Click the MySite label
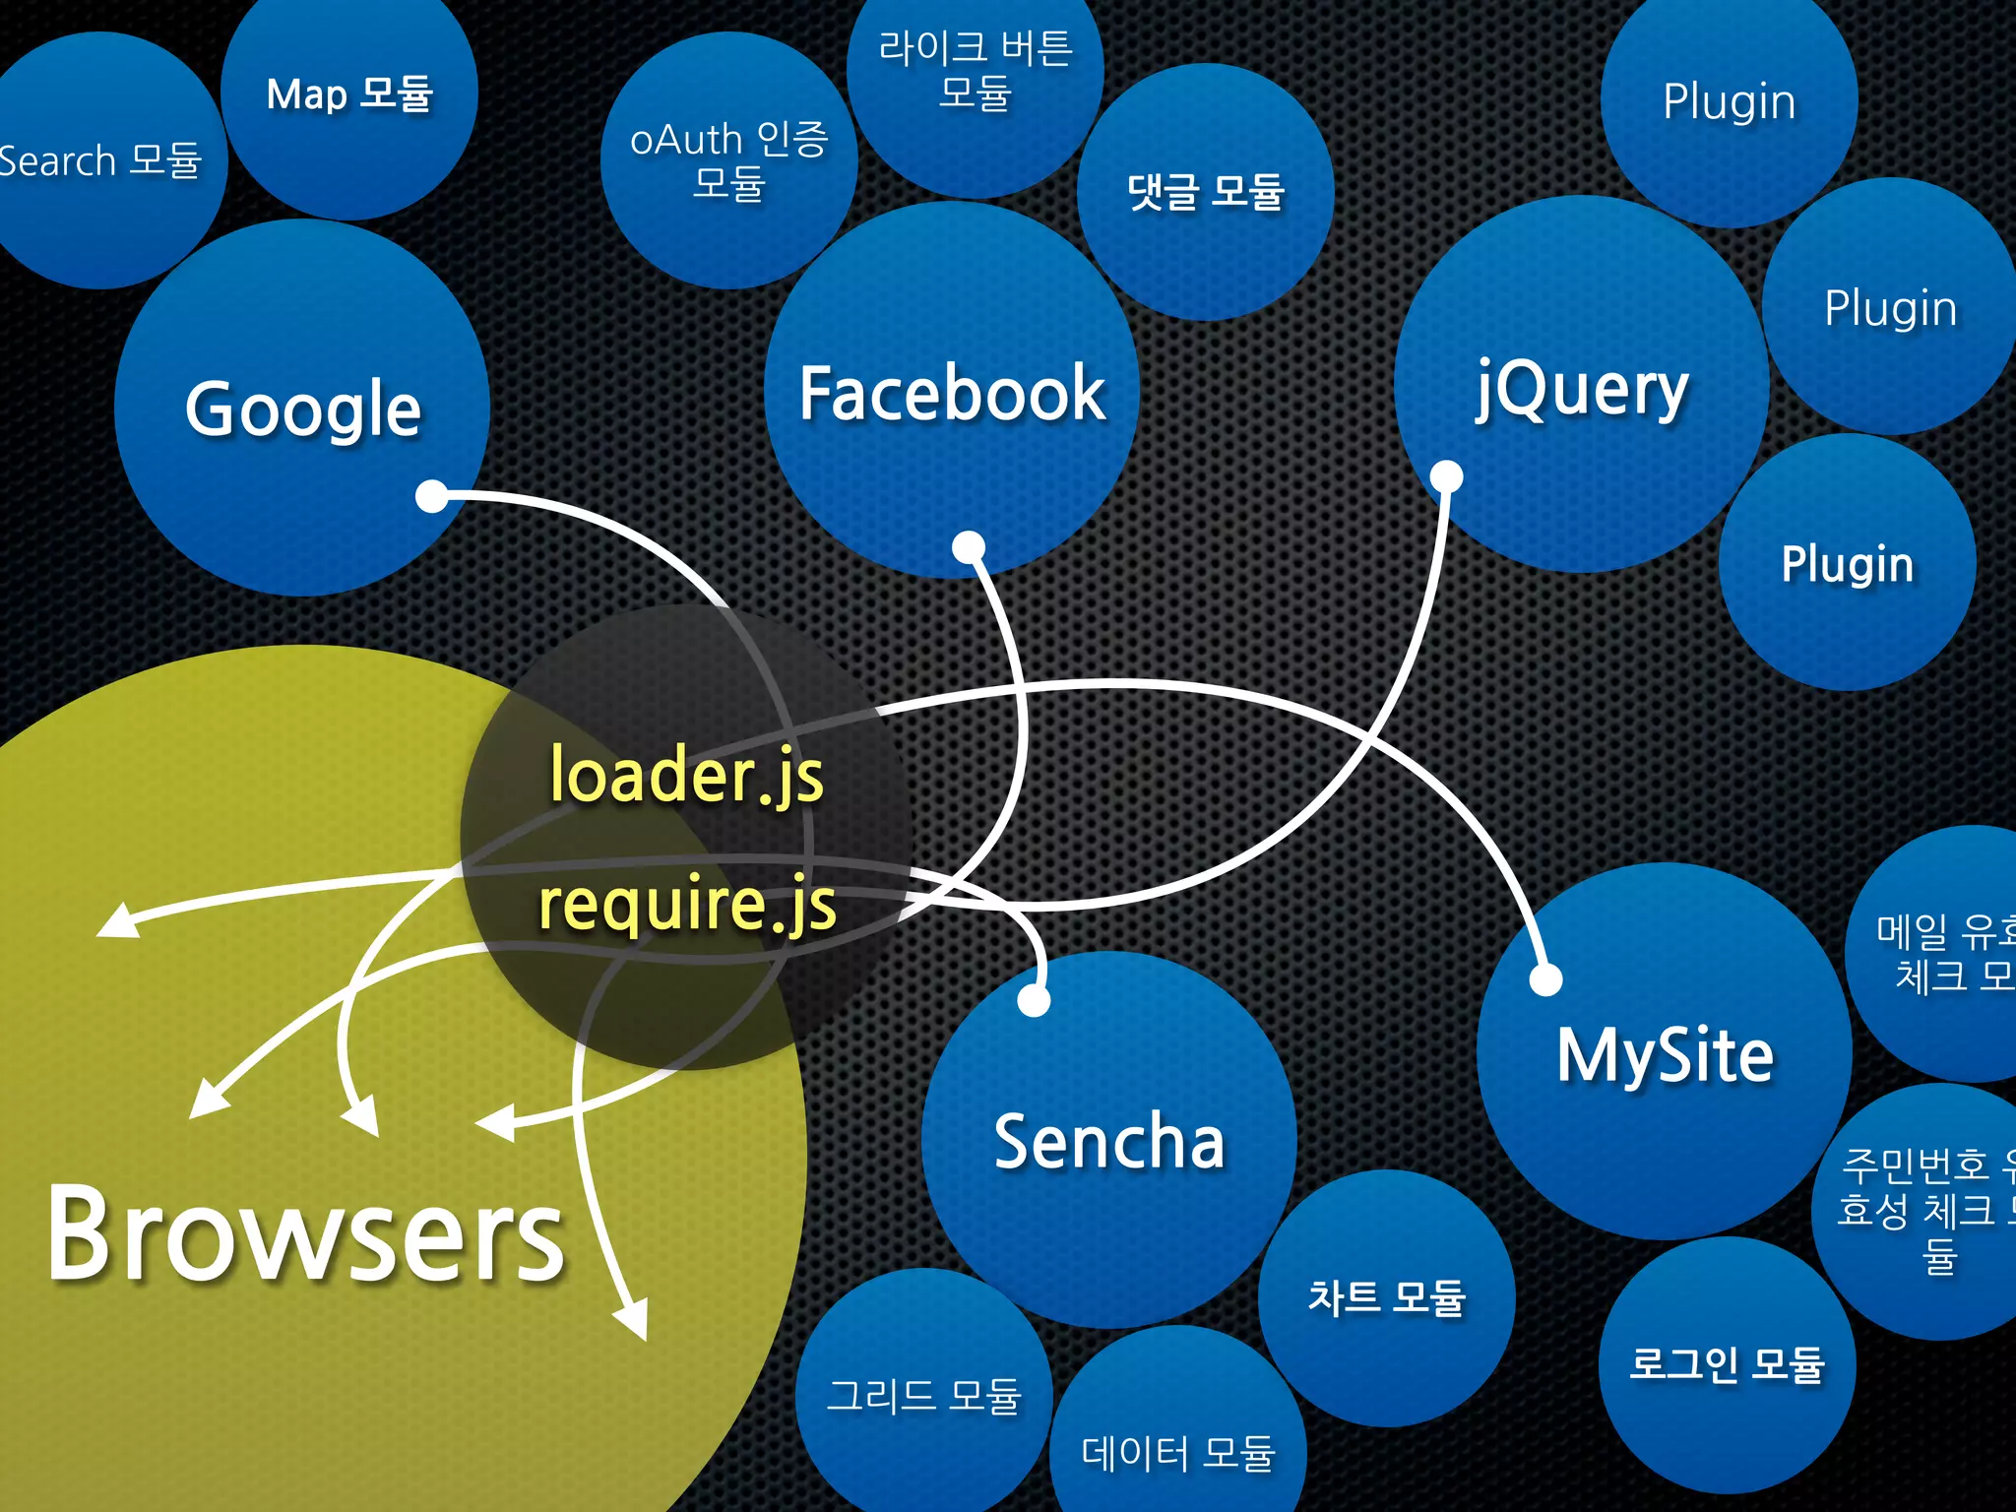point(1665,1055)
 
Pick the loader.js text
point(686,775)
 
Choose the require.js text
point(687,903)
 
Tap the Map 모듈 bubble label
point(349,94)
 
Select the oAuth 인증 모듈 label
point(729,160)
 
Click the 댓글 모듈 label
point(1206,191)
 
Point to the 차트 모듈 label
point(1387,1297)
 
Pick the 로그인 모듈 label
point(1728,1364)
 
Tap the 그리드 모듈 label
point(923,1395)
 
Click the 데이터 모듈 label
point(1178,1453)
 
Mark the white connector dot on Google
point(432,496)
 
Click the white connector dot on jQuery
point(1446,477)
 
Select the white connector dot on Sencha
point(1034,1000)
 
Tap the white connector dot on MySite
point(1546,979)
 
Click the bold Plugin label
point(1848,564)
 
